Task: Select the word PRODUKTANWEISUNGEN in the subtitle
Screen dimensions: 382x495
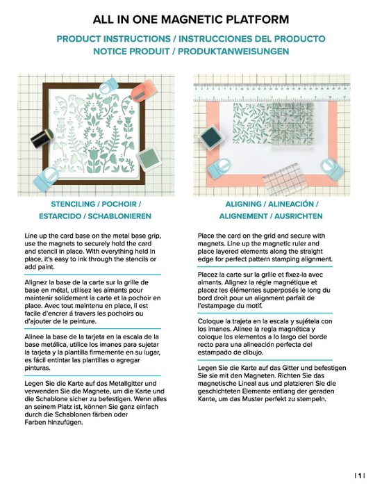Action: (x=233, y=51)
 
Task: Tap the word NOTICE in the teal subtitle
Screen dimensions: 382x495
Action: (x=111, y=51)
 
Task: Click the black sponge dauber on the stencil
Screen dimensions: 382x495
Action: (x=42, y=138)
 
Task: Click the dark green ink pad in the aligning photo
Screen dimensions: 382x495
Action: (x=211, y=136)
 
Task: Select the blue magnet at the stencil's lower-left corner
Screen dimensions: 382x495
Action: (x=47, y=179)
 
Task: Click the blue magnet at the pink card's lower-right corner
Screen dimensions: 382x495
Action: (x=332, y=169)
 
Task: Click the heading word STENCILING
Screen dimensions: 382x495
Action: (x=73, y=204)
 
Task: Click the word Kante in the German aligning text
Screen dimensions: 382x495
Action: (x=206, y=399)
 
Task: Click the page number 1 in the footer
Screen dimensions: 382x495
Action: (x=359, y=476)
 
